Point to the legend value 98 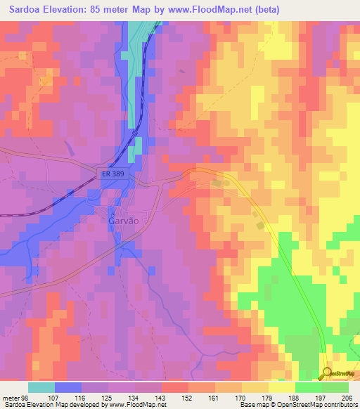click(27, 397)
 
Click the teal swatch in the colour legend click(41, 387)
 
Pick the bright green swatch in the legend click(308, 387)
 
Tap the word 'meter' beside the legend click(11, 397)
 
